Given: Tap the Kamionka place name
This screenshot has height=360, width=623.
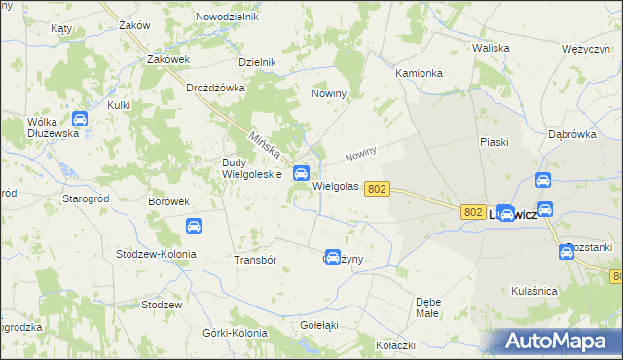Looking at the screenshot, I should coord(420,73).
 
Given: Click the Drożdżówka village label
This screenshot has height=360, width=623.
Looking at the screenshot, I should coord(217,88).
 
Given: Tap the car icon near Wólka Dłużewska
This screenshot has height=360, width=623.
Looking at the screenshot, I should coord(80,120).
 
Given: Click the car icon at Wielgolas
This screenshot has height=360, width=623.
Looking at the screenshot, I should coord(302,172).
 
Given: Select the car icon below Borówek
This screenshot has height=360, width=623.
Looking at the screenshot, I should coord(194,226).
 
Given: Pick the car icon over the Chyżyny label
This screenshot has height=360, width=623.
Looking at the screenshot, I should coord(333,257).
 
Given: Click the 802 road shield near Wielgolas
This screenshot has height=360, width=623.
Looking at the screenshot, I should coord(380,190).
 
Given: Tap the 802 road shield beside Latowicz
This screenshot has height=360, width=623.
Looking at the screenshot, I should coord(473,211).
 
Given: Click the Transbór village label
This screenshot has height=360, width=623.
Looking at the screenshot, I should coord(256,261).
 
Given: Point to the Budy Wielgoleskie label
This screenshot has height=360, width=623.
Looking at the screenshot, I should coord(251,168).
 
